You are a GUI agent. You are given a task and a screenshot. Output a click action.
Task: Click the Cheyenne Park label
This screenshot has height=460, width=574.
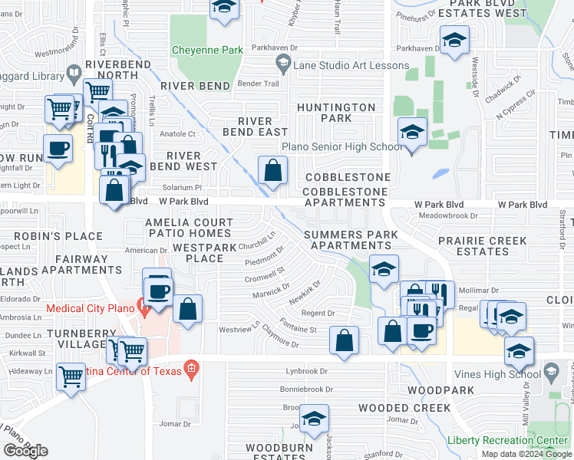(206, 50)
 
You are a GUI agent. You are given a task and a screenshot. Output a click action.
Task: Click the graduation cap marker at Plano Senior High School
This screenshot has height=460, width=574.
(412, 134)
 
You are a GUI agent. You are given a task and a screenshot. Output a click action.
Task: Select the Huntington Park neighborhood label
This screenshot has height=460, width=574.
(336, 113)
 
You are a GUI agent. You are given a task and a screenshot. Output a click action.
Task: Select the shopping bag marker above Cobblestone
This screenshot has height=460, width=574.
(272, 171)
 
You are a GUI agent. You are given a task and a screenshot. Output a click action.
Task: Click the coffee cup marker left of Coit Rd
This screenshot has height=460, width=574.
(58, 148)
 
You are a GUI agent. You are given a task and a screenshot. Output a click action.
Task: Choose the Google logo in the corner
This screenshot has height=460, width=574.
(26, 450)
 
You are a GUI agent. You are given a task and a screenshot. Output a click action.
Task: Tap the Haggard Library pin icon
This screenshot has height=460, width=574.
(74, 74)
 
